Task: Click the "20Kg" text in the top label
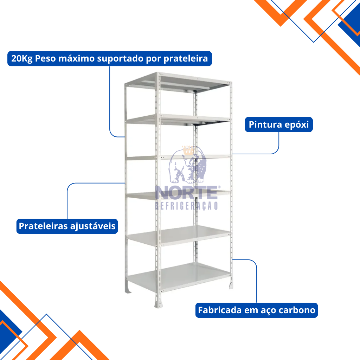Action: point(22,59)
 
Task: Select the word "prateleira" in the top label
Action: point(186,59)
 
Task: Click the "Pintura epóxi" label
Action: point(279,125)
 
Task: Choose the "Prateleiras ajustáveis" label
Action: point(67,226)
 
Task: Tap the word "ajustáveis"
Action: point(93,226)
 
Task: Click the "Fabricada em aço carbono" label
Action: point(256,310)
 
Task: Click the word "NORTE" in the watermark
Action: point(186,193)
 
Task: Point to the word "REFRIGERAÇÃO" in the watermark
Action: point(186,206)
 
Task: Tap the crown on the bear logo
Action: point(188,150)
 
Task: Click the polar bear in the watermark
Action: point(187,165)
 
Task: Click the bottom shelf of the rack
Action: point(179,277)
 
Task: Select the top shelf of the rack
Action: point(178,82)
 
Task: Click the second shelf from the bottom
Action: point(179,236)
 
